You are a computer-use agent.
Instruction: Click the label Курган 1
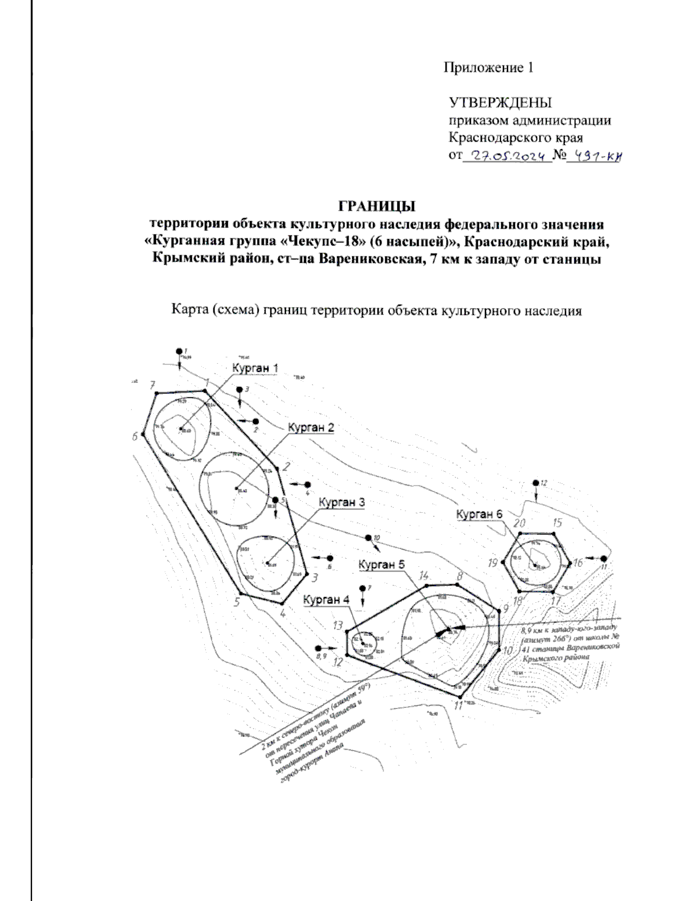click(x=255, y=368)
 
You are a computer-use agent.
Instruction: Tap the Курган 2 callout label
click(x=311, y=428)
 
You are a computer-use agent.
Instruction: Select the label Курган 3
click(x=342, y=502)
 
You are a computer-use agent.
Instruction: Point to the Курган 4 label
click(x=326, y=599)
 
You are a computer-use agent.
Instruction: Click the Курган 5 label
click(x=381, y=564)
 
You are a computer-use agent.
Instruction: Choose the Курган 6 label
click(x=479, y=514)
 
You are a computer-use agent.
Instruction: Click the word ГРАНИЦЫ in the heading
click(x=377, y=207)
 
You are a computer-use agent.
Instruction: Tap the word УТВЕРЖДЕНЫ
click(x=501, y=103)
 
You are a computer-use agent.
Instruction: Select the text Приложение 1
click(x=488, y=68)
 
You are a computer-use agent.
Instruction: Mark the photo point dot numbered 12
click(x=536, y=483)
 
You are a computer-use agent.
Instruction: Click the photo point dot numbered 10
click(x=368, y=538)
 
